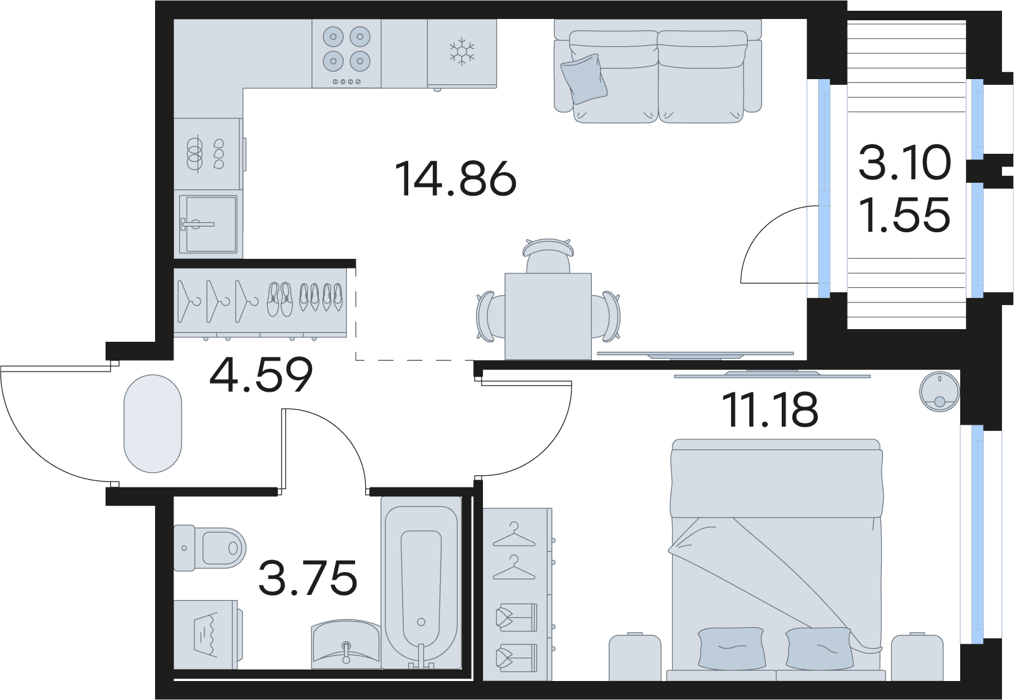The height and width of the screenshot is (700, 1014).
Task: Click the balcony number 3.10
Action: [904, 163]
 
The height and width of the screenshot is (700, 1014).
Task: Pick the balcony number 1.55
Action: [904, 215]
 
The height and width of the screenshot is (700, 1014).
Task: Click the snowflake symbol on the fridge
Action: [461, 52]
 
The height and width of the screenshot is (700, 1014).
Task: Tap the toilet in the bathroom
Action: [210, 547]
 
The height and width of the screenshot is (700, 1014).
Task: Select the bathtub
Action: [422, 582]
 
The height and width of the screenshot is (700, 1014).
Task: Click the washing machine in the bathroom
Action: [208, 634]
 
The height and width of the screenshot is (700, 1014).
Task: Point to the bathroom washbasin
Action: [346, 644]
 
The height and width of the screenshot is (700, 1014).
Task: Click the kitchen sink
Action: [208, 223]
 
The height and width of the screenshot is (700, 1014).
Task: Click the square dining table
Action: [548, 316]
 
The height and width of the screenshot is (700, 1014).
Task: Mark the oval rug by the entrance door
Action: [153, 423]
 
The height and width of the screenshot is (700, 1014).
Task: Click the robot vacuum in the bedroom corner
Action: [939, 393]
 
